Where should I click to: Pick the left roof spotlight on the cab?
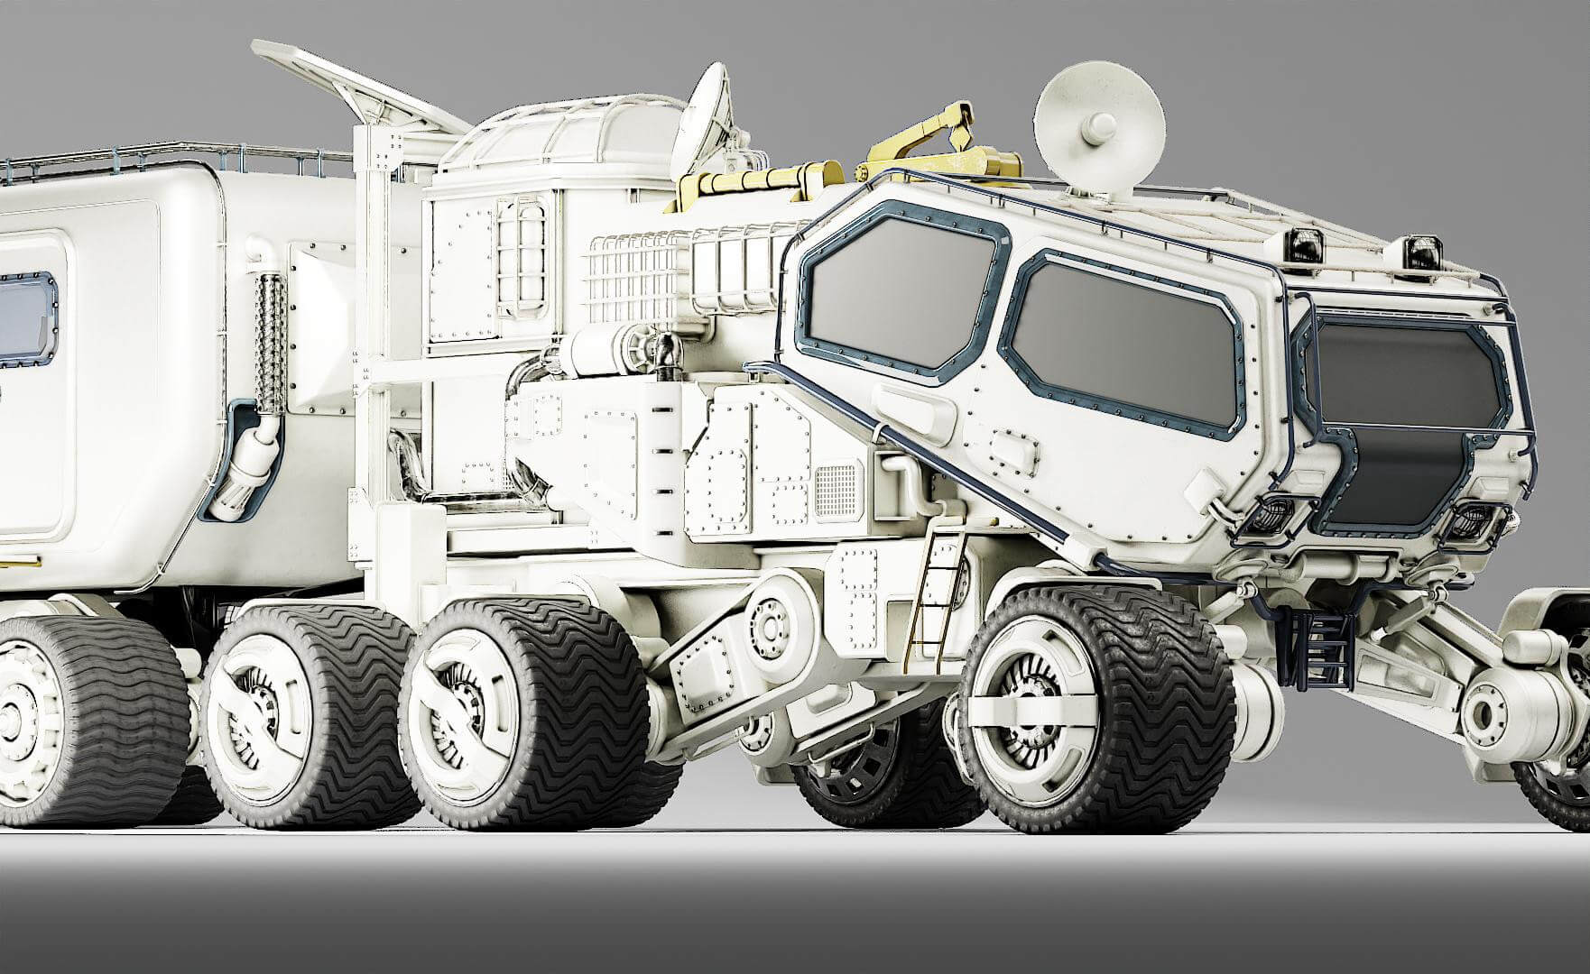[x=1306, y=241]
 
